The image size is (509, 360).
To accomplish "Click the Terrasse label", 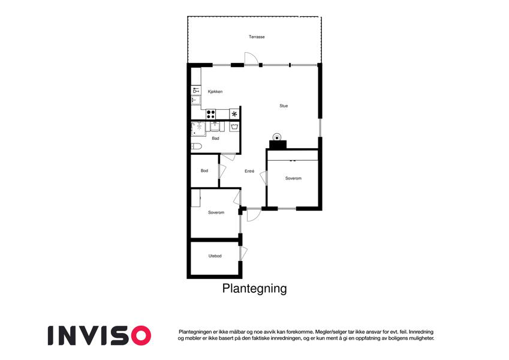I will (257, 37).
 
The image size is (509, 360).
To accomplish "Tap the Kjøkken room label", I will (215, 91).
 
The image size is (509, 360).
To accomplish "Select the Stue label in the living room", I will (284, 106).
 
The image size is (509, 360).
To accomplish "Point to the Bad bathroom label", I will (215, 139).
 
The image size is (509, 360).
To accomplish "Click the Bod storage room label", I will (204, 171).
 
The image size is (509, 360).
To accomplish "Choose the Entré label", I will (249, 171).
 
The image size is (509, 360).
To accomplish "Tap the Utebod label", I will (215, 256).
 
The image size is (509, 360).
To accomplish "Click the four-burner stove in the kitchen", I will (211, 114).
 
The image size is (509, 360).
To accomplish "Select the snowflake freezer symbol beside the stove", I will (234, 114).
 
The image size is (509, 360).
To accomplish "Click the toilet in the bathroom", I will (197, 146).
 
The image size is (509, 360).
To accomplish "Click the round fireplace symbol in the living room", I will (277, 136).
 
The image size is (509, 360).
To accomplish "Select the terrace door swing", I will (251, 58).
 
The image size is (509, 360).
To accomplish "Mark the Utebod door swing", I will (243, 253).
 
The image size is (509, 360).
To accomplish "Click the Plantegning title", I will (254, 289).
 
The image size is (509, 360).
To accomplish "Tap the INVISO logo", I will (99, 335).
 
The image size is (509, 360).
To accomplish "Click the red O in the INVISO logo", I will (140, 335).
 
